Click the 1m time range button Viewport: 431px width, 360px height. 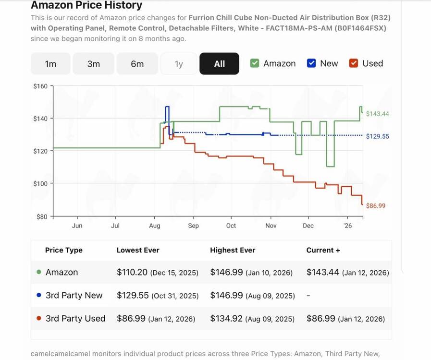pos(50,64)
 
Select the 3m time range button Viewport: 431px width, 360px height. pos(94,64)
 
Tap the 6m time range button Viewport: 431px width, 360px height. pos(137,64)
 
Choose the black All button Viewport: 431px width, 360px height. pos(219,64)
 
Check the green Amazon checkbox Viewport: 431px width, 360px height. pos(255,63)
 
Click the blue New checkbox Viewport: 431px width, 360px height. pos(311,63)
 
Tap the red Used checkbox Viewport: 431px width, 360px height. pos(354,63)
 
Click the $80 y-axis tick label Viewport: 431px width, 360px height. pos(41,216)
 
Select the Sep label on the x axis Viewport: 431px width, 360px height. pos(193,226)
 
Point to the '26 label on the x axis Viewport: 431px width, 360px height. pos(347,226)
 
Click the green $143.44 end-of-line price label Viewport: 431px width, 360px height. pos(377,114)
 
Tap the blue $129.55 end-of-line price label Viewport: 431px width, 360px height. pos(377,136)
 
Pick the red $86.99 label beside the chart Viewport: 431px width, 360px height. pos(376,206)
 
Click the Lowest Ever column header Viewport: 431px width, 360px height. pos(138,250)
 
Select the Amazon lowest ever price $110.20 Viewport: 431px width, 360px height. pos(132,272)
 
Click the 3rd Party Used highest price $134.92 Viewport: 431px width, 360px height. pos(226,318)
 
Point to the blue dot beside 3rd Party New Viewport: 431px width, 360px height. pos(39,295)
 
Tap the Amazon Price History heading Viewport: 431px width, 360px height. pos(86,6)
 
